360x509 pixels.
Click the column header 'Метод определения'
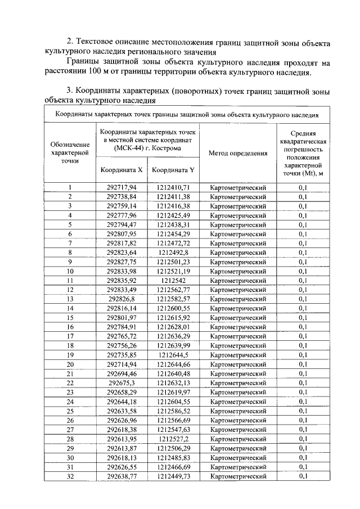238,152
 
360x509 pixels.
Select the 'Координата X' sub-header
121,169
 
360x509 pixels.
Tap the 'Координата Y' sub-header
173,169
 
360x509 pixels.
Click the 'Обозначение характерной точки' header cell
70,152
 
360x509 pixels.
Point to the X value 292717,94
121,187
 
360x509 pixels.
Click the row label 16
70,326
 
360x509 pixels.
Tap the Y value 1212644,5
173,354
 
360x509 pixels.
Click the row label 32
70,476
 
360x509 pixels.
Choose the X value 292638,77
121,476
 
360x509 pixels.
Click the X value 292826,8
121,298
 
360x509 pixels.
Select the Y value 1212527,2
173,439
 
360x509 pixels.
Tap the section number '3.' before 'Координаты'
70,92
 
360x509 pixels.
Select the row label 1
70,187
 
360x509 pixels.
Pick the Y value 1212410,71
173,187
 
